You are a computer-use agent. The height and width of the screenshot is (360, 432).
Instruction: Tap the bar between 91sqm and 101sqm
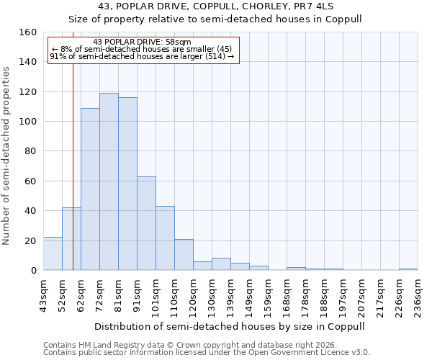[146, 223]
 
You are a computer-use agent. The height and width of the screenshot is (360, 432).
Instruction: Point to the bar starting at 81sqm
[127, 184]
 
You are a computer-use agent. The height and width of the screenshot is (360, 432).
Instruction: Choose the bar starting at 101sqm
[165, 238]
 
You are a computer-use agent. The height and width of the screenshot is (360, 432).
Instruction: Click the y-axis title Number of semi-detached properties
[6, 151]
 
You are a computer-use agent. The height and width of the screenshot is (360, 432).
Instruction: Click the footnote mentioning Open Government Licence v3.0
[207, 353]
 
